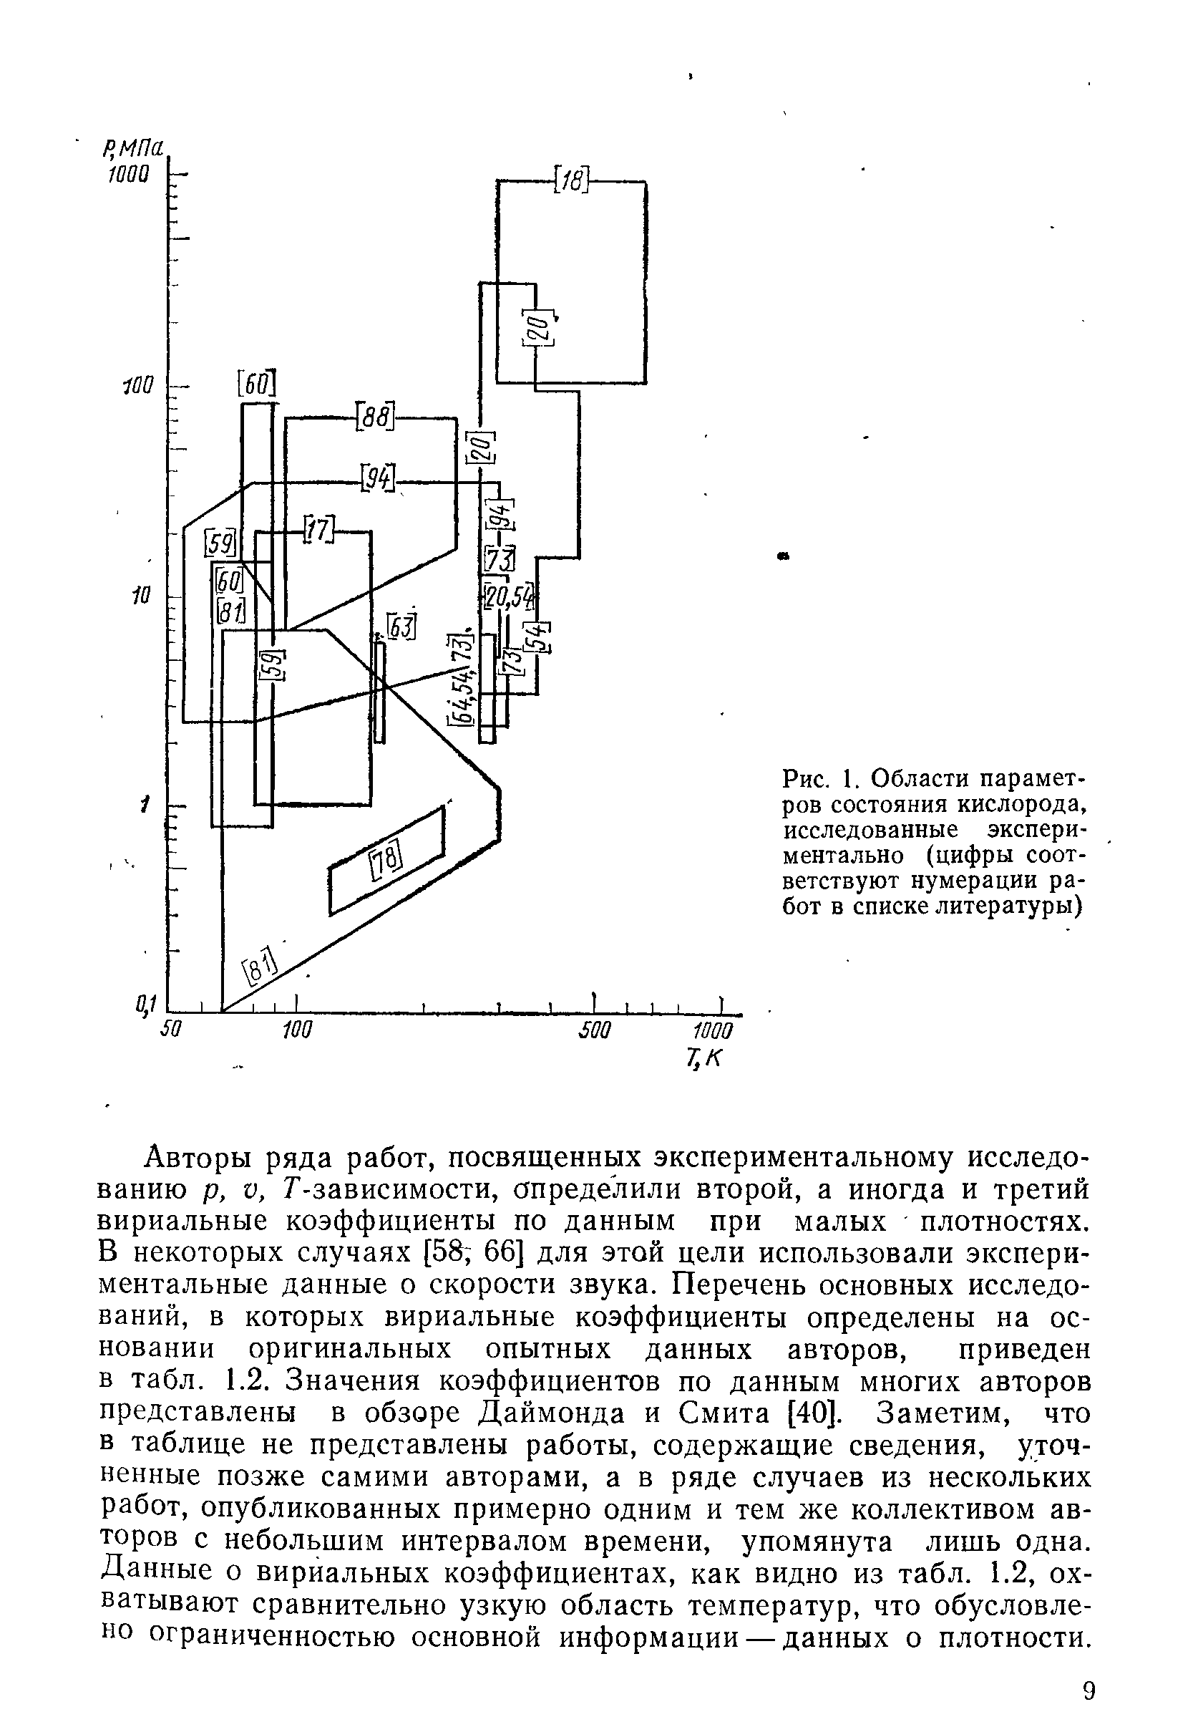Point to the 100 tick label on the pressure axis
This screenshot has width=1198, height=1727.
137,386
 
